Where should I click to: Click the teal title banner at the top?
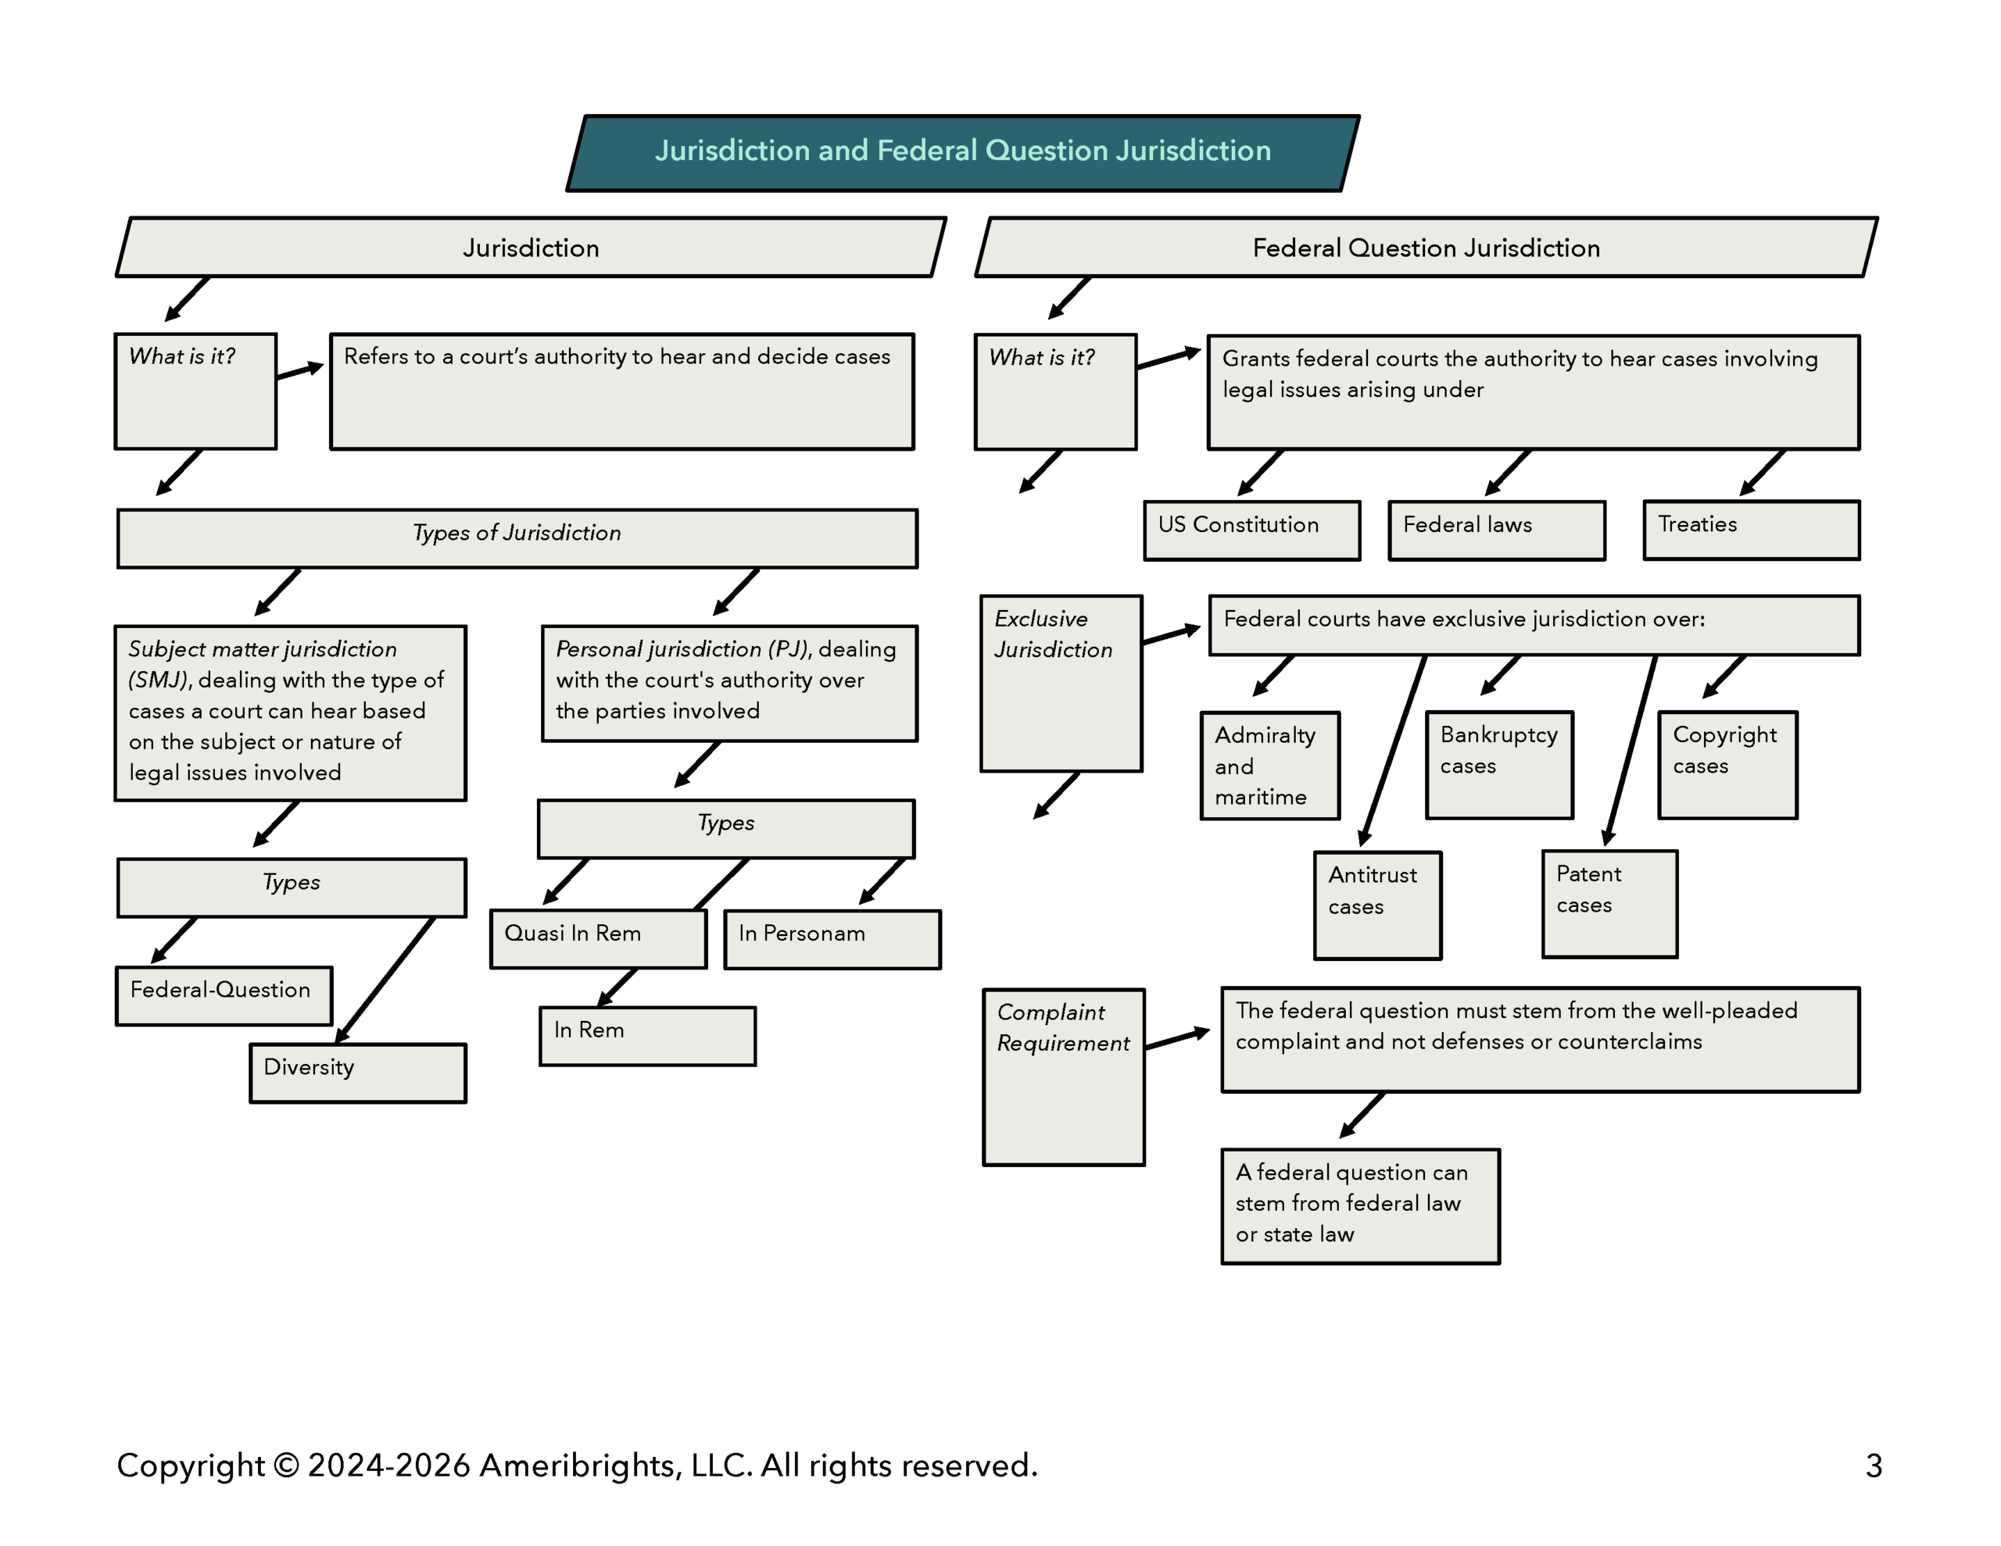[962, 152]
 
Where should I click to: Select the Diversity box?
[357, 1073]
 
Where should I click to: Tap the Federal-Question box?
[224, 994]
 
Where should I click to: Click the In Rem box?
[647, 1036]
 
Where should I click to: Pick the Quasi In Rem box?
[597, 939]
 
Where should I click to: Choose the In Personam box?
[832, 939]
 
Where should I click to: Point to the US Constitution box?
[1251, 530]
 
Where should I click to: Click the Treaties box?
[1751, 530]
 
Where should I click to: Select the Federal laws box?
[1496, 530]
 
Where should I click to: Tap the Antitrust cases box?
[1377, 905]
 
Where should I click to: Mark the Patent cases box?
[1609, 904]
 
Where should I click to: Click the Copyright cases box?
[1727, 764]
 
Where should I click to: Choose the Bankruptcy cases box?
[1499, 764]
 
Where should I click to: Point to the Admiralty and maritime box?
[1270, 765]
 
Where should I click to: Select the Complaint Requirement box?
[1063, 1076]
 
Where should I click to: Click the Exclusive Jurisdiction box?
[1060, 684]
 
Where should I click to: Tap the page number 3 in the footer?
[1874, 1466]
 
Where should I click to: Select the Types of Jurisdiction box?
[517, 537]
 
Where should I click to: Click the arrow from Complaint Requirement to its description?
[1177, 1038]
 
